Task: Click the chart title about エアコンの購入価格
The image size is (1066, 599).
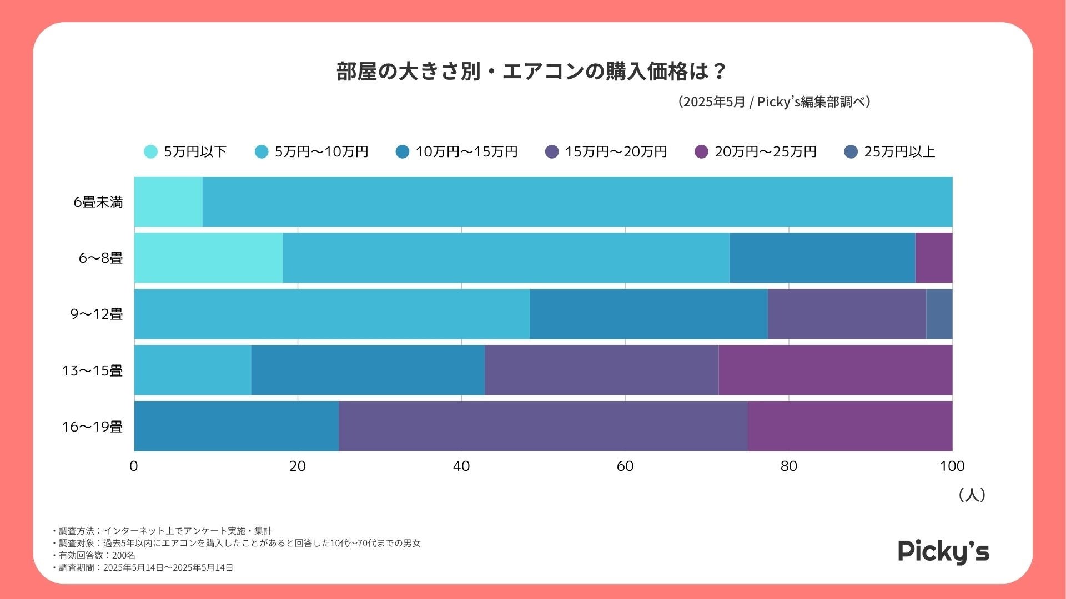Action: pyautogui.click(x=531, y=72)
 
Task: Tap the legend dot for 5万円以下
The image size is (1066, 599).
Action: pyautogui.click(x=150, y=151)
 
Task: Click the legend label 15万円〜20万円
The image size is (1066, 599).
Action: pyautogui.click(x=615, y=151)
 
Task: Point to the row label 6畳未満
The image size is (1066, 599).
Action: pyautogui.click(x=98, y=202)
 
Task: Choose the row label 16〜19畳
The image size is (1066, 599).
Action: pyautogui.click(x=92, y=427)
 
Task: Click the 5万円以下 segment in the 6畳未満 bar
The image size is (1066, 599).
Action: pyautogui.click(x=168, y=202)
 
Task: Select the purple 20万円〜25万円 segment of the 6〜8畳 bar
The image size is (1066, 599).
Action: pyautogui.click(x=933, y=258)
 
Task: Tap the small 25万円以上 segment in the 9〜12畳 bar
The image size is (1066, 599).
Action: pyautogui.click(x=939, y=314)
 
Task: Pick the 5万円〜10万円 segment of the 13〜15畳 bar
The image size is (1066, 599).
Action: pyautogui.click(x=193, y=370)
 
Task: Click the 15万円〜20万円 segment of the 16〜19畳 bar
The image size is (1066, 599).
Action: pyautogui.click(x=543, y=426)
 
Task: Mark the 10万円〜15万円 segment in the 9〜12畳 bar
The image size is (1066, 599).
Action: pyautogui.click(x=648, y=314)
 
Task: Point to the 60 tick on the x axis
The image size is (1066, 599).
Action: pyautogui.click(x=625, y=466)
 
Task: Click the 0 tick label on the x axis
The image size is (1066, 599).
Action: pyautogui.click(x=134, y=466)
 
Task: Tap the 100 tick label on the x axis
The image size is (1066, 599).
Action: pyautogui.click(x=952, y=466)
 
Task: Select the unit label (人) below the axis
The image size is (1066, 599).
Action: pyautogui.click(x=972, y=495)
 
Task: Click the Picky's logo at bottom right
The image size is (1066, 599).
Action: pyautogui.click(x=943, y=551)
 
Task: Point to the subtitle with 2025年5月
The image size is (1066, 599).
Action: pyautogui.click(x=774, y=102)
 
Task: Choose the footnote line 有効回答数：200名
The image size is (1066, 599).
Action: pyautogui.click(x=97, y=555)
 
